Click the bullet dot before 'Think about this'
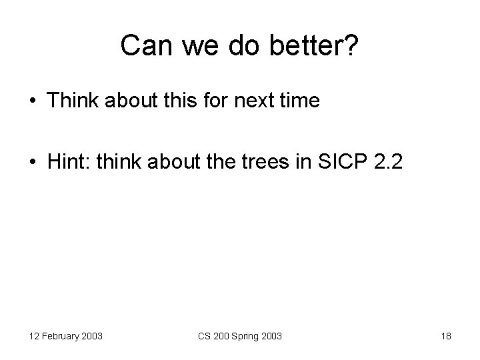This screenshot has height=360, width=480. (33, 101)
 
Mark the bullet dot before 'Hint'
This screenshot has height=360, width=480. (33, 164)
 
